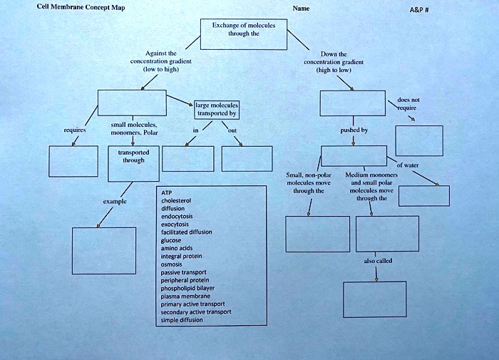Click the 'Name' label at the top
[x=301, y=9]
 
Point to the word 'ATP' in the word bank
[x=167, y=193]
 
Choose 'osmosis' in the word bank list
[x=173, y=264]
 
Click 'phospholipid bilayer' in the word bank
[x=187, y=287]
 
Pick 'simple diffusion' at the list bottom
[x=182, y=319]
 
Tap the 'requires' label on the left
[x=75, y=131]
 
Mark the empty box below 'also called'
[x=374, y=299]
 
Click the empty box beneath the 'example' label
[x=103, y=250]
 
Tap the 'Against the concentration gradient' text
[x=155, y=61]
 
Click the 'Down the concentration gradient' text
[x=334, y=62]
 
